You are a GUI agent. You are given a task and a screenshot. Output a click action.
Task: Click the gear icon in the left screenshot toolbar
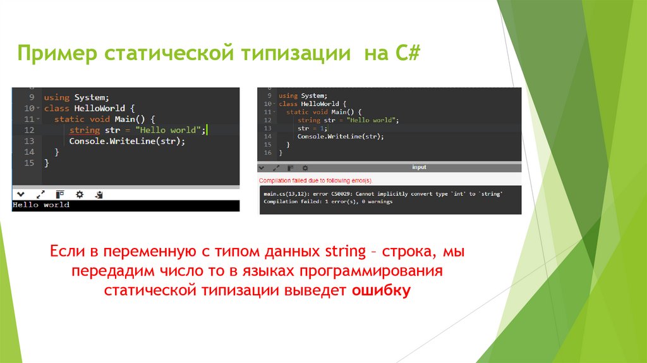(80, 194)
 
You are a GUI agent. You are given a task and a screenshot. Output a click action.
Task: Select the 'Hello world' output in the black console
(41, 205)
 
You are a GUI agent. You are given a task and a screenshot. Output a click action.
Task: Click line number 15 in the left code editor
(28, 163)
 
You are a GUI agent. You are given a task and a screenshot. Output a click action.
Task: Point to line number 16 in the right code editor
(268, 152)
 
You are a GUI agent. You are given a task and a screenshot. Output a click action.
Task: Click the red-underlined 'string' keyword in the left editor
(85, 130)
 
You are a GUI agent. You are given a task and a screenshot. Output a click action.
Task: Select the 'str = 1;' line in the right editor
(310, 128)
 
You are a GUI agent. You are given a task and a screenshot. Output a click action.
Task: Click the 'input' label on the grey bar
(419, 168)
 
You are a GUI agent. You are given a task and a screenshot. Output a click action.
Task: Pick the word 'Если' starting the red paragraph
(68, 252)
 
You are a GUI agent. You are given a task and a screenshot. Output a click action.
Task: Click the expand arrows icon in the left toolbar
(40, 194)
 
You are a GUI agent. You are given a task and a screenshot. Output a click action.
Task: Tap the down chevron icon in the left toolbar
(20, 194)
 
